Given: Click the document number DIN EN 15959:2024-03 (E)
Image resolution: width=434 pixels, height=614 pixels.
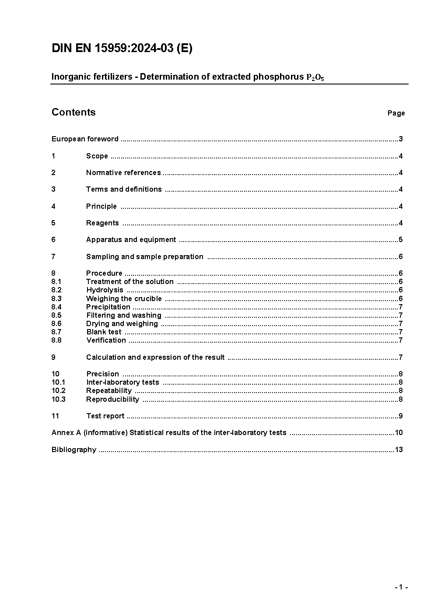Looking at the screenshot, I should point(122,49).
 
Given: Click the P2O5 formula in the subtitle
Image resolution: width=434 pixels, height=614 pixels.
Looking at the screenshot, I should point(315,77).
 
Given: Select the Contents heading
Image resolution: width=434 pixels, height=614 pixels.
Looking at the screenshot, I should point(73,112).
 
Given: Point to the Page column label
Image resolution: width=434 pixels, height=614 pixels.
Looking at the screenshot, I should point(396,113).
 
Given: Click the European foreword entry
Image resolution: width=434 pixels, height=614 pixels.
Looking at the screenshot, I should point(85,139).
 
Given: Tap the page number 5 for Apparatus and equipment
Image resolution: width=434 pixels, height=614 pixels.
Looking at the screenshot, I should point(400,240).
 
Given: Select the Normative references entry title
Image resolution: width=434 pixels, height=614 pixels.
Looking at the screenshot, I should point(123,173).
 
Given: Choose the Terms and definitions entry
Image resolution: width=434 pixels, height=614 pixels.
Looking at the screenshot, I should point(124,189).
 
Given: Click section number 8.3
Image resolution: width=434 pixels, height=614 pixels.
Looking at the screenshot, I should point(56,299).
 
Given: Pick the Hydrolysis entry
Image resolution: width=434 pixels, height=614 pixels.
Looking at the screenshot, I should point(105,290).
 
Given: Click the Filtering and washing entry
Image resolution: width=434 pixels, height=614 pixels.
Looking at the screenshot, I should point(124,316).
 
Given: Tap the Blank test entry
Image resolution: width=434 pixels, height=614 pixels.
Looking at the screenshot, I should point(104,332).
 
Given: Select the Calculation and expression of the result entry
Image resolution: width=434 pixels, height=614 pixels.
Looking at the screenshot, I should point(155,358).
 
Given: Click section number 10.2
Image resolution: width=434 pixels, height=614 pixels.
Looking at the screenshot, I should point(58,391).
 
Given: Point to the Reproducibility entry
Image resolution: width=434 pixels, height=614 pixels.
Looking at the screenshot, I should point(112,400).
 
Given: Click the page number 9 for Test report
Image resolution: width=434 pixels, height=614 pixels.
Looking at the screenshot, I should point(400,416).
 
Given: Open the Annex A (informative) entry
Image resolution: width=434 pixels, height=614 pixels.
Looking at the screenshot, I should point(169,433).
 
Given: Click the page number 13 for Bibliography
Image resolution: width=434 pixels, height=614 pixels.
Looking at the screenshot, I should point(399,450).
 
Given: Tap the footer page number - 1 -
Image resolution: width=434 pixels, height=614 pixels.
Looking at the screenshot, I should point(401,587).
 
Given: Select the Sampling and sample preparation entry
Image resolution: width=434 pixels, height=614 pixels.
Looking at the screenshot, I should point(145,257).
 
